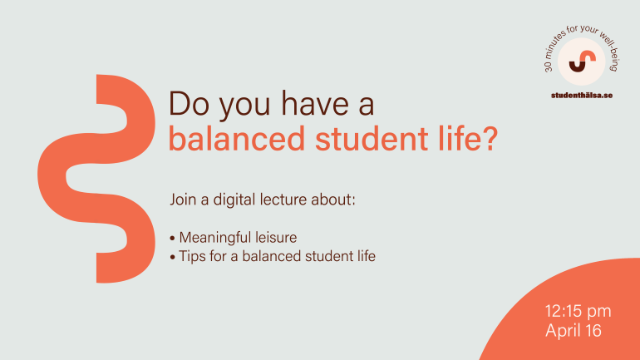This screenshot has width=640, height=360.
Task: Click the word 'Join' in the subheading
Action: point(182,200)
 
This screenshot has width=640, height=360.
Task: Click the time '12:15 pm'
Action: point(578,312)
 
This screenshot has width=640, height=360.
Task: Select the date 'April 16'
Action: point(573,330)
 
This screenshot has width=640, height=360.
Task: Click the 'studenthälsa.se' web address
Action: point(581,96)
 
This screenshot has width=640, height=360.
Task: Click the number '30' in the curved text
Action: point(549,67)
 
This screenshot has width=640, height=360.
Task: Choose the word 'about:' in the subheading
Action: point(336,200)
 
